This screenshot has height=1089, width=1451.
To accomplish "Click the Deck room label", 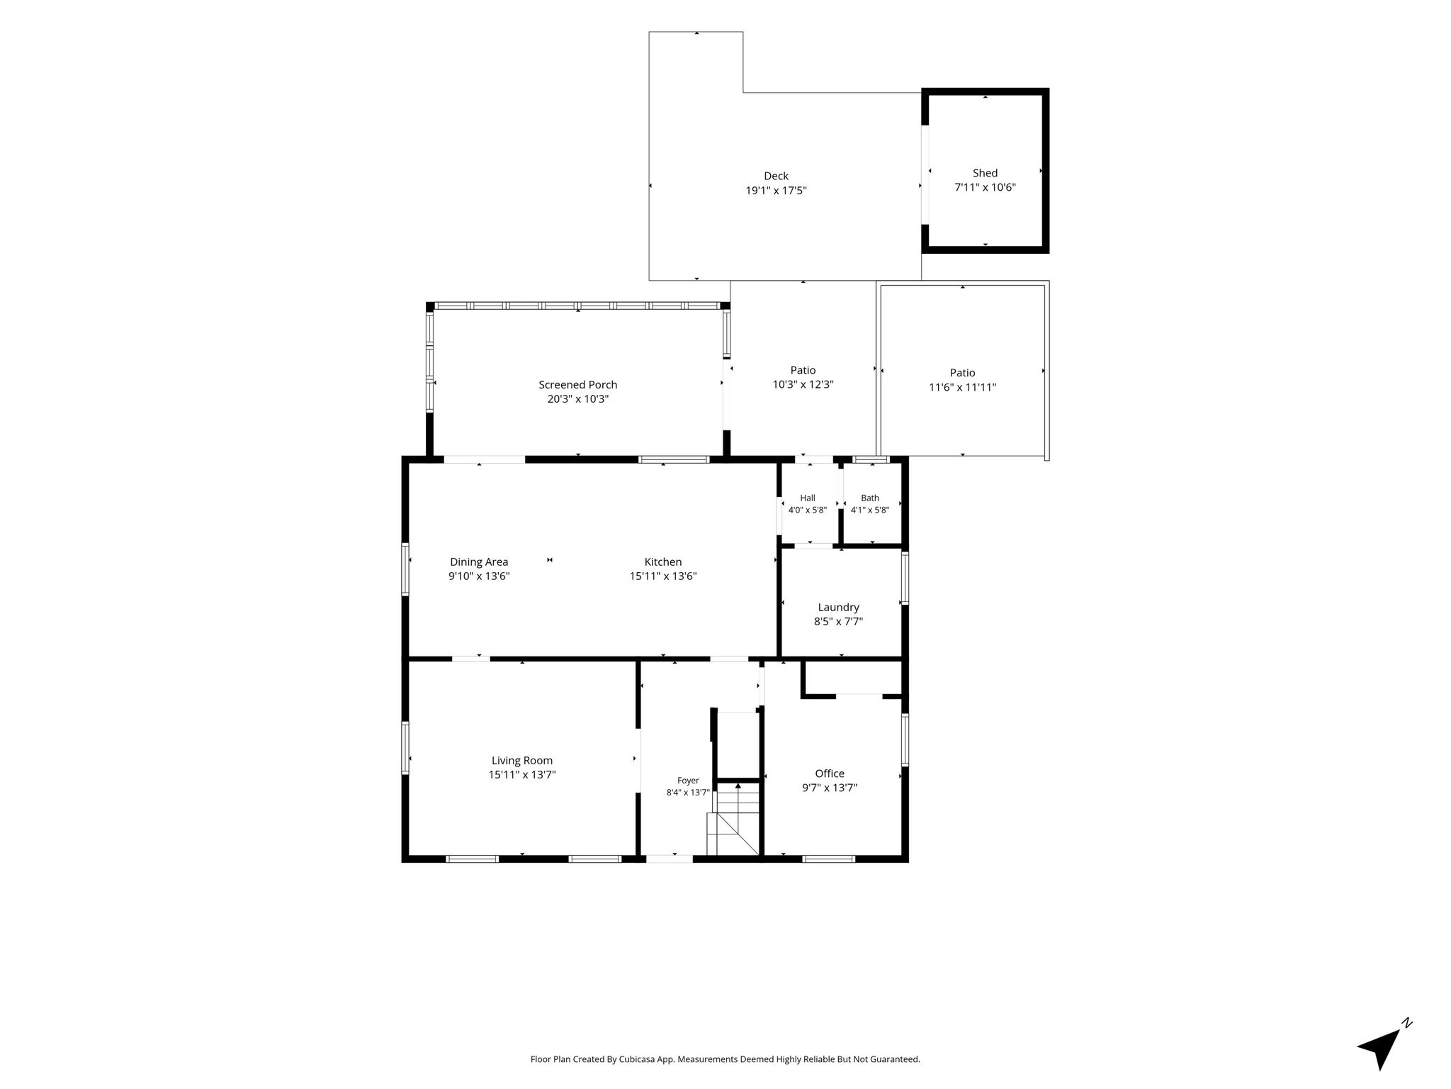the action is [x=776, y=176].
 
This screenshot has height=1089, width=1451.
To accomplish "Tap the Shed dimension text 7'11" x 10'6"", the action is [x=985, y=188].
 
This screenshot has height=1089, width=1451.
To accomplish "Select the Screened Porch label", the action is [x=577, y=385].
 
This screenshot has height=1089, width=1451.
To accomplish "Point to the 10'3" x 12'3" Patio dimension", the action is [x=803, y=385].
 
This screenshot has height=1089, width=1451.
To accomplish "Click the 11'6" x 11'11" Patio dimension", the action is [x=962, y=388].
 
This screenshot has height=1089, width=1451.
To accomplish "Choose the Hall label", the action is [x=808, y=498].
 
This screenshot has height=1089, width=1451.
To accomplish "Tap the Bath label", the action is [x=870, y=498].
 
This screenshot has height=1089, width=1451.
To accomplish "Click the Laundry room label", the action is [x=838, y=608].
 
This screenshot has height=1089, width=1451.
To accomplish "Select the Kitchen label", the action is [x=663, y=562].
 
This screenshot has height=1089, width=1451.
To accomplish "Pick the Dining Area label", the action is [x=479, y=562].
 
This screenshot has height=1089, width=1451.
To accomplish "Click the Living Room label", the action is [x=522, y=761].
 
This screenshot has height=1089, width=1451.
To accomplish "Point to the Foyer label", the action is [x=688, y=781].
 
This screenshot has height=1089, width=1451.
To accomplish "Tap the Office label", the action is [x=830, y=774].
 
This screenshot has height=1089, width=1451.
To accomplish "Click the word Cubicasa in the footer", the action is [x=636, y=1060].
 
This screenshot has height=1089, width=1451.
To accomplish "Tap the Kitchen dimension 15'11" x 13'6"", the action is [x=663, y=576].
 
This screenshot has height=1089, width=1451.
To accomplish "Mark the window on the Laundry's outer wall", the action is [x=905, y=578].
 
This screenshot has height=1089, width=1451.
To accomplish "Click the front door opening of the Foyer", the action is [x=670, y=859].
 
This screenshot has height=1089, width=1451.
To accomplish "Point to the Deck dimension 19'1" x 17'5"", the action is [x=776, y=191].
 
